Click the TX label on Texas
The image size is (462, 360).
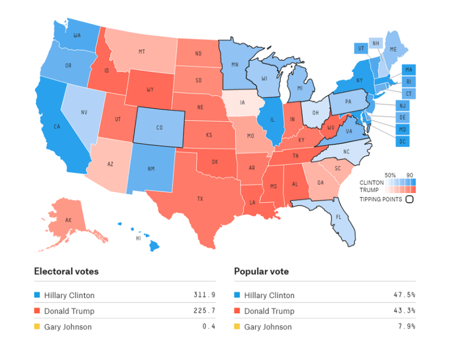coord(200,199)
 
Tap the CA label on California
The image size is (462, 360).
coord(57,127)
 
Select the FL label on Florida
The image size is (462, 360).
coord(339,216)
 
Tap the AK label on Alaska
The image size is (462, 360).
coord(68,220)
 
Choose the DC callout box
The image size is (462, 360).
coord(403,142)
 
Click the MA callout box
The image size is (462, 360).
coord(408,70)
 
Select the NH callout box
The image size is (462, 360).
coord(375,44)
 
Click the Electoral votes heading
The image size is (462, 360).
coord(66,271)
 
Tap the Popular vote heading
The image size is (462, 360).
coord(261,271)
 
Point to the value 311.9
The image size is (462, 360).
coord(204,295)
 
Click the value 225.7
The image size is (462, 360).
coord(204,311)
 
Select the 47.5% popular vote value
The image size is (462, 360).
coord(404,295)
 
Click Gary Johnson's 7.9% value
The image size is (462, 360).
coord(407,327)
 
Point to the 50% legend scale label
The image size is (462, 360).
coord(390,175)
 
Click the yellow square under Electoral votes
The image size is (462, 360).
coord(37,327)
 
